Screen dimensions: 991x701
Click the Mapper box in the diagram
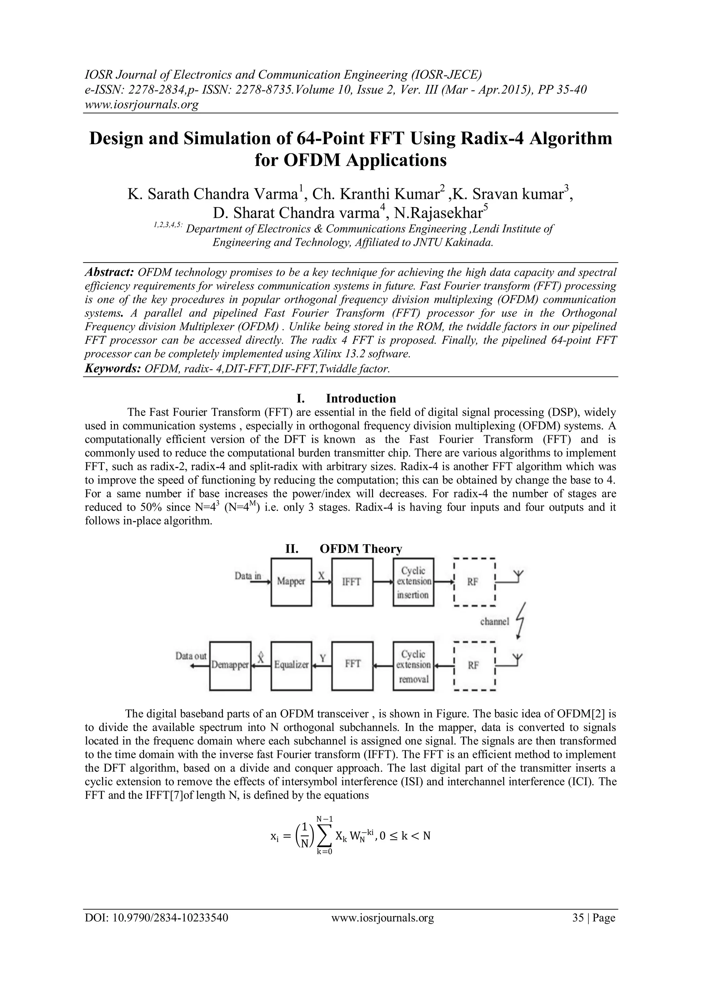[291, 582]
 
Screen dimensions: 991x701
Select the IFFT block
[352, 582]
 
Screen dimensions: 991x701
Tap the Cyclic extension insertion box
[413, 582]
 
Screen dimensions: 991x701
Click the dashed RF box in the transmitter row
[473, 582]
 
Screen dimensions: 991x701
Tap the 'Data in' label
[248, 576]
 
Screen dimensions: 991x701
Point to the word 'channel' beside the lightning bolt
[495, 622]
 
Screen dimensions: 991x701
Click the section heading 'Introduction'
[361, 398]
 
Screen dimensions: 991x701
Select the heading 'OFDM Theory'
[361, 549]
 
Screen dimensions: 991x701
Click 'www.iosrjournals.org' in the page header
[141, 105]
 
